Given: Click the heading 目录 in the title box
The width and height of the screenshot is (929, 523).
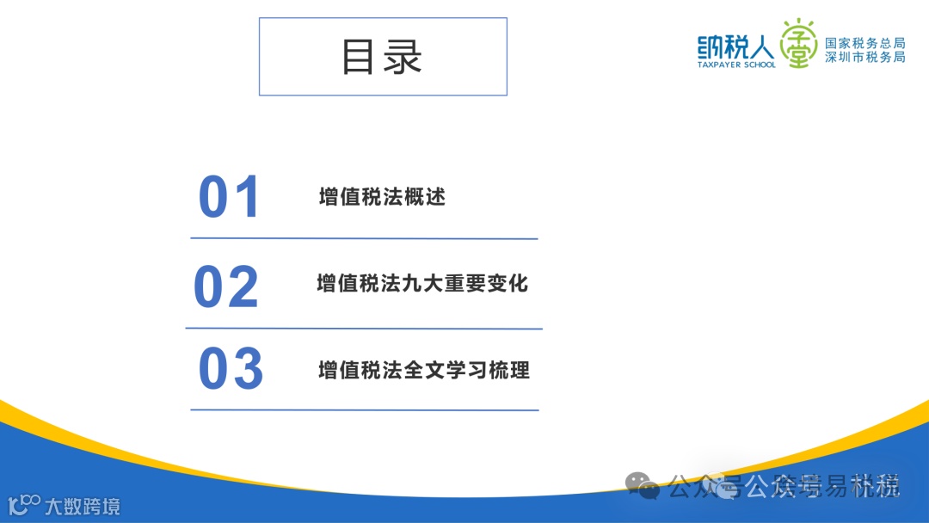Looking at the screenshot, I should pyautogui.click(x=382, y=57).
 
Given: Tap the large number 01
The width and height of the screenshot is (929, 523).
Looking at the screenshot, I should pyautogui.click(x=229, y=197).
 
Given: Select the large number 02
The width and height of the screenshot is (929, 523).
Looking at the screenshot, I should pyautogui.click(x=226, y=286).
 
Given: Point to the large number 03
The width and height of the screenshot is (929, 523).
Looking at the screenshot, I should pyautogui.click(x=231, y=369).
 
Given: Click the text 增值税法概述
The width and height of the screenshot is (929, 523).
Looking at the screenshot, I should pyautogui.click(x=382, y=197).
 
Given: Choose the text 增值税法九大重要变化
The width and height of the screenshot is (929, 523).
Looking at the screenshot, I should pyautogui.click(x=422, y=283).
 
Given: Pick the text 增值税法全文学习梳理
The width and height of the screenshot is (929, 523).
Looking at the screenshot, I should pyautogui.click(x=424, y=370).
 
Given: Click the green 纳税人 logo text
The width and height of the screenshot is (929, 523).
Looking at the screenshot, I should pyautogui.click(x=735, y=45).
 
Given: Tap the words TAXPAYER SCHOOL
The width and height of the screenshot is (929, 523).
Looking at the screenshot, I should pyautogui.click(x=735, y=65).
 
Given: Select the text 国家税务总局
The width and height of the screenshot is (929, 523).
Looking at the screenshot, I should pyautogui.click(x=864, y=43).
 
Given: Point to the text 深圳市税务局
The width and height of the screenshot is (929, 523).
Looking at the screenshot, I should pyautogui.click(x=864, y=58).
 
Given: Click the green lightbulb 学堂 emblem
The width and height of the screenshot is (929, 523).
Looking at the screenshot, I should pyautogui.click(x=799, y=45).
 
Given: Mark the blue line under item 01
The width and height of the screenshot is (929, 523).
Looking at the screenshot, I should pyautogui.click(x=364, y=238).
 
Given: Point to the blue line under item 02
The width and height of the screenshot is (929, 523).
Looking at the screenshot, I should pyautogui.click(x=364, y=329).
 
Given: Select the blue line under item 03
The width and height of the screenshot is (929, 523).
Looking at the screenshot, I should pyautogui.click(x=364, y=409).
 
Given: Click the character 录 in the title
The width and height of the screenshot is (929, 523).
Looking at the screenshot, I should pyautogui.click(x=403, y=57).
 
